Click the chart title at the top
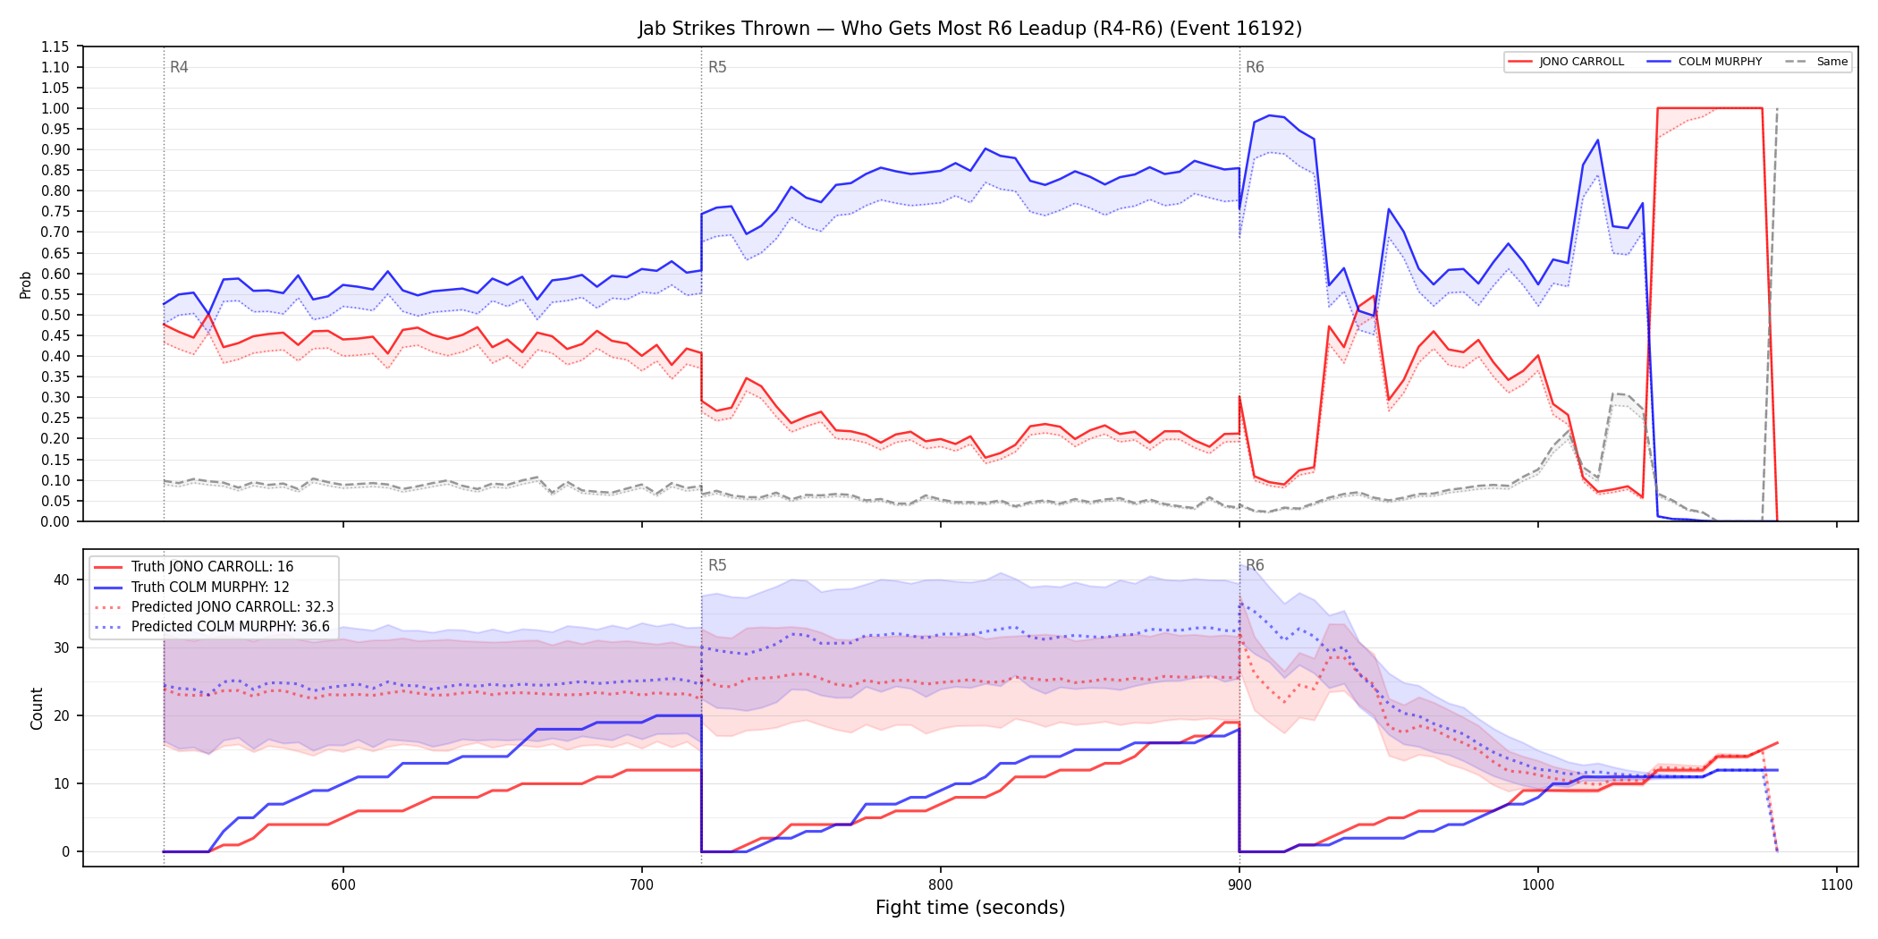969,29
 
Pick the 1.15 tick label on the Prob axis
55,47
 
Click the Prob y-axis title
26,284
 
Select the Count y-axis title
37,708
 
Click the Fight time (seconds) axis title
970,908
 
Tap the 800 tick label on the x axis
941,884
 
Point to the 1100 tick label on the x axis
1837,884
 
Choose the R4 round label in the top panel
179,67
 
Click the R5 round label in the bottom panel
717,565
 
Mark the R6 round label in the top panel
1255,67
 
